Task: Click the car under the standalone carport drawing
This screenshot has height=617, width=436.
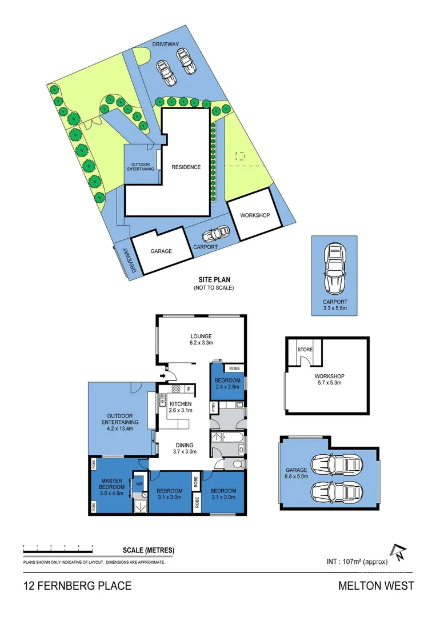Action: click(x=335, y=267)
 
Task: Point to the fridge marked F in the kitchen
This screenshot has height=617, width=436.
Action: click(x=189, y=389)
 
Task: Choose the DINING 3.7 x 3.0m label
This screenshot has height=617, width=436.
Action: click(x=185, y=448)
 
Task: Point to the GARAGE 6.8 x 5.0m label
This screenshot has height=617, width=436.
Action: click(x=297, y=473)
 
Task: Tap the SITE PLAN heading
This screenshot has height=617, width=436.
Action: click(x=214, y=280)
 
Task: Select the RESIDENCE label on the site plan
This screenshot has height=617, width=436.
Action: click(x=186, y=167)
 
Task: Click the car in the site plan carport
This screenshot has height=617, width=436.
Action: click(x=216, y=234)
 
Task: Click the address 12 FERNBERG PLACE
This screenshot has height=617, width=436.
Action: click(x=78, y=586)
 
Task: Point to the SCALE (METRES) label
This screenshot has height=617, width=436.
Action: click(x=149, y=551)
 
